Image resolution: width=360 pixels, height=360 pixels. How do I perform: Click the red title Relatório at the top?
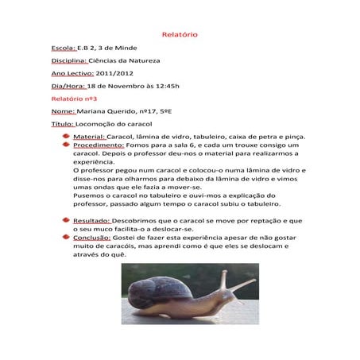pyautogui.click(x=179, y=35)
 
